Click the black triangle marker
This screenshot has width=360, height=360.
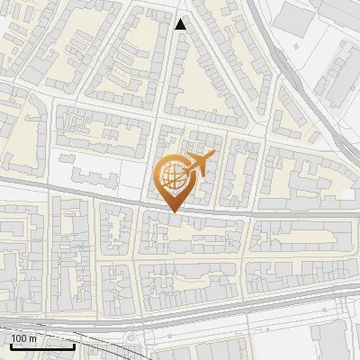(181, 24)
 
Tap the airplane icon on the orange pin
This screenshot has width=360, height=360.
(201, 163)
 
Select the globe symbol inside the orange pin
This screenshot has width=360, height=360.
(171, 176)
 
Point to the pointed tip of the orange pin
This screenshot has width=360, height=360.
(171, 211)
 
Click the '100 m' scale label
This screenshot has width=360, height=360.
(23, 338)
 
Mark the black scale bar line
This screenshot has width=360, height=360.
(41, 346)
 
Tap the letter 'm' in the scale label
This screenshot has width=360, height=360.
(32, 338)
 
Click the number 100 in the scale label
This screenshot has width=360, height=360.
(19, 338)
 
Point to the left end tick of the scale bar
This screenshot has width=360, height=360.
(10, 344)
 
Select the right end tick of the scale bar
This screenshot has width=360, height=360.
(74, 344)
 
